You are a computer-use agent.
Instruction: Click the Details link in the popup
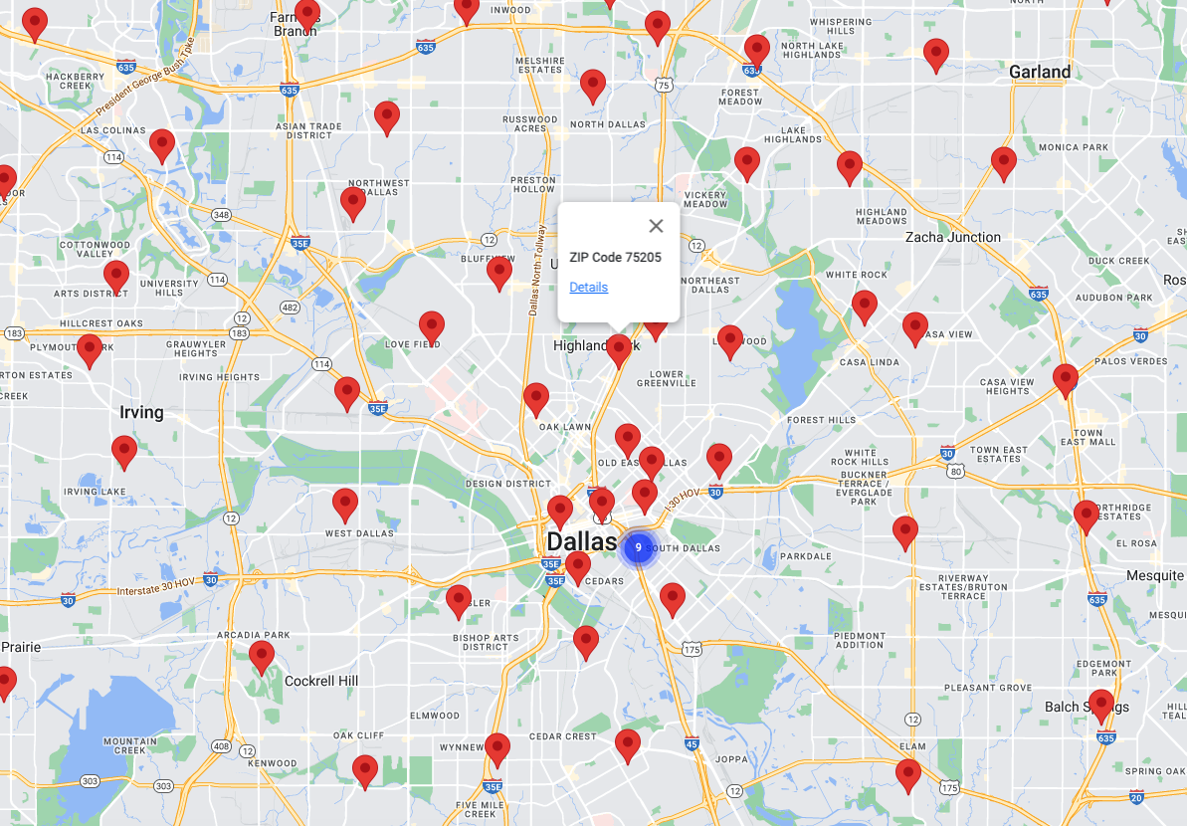tap(588, 288)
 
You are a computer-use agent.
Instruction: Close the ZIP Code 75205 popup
tap(656, 226)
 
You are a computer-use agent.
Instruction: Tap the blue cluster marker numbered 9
tap(638, 547)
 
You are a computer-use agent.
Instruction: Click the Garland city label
tap(1040, 72)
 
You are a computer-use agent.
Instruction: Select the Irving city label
tap(141, 412)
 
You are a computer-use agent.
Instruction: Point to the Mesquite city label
tap(1154, 576)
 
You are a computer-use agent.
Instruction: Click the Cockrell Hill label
tap(321, 681)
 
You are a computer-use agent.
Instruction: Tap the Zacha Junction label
tap(952, 237)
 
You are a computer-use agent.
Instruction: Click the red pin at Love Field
tap(431, 325)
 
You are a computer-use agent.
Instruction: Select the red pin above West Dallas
tap(345, 504)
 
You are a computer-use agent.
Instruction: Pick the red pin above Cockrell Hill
tap(262, 656)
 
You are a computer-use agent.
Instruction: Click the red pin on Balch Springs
tap(1100, 704)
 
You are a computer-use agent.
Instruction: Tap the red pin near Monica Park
tap(1004, 161)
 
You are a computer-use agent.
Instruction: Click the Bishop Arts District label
tap(486, 642)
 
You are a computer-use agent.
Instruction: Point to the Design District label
tap(507, 484)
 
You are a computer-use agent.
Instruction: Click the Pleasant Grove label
tap(987, 688)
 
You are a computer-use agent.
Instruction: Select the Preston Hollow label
tap(533, 184)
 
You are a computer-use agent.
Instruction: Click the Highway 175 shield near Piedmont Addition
tap(692, 649)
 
